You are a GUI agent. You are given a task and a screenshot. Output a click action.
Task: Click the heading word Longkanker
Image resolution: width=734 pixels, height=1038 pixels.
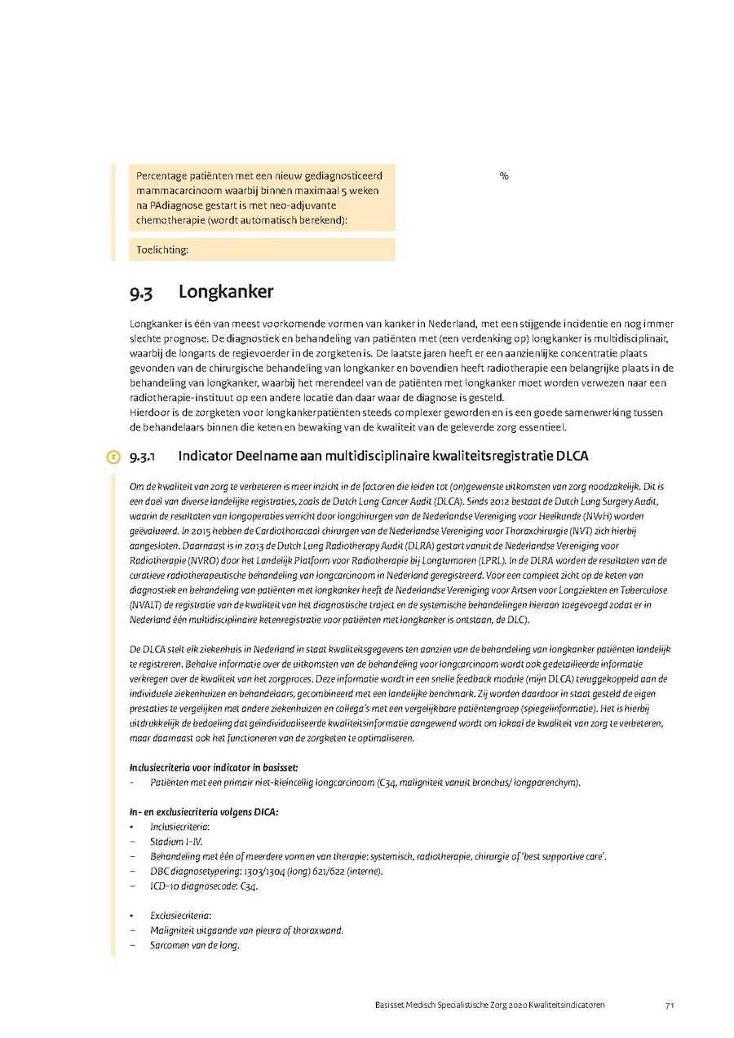pos(226,292)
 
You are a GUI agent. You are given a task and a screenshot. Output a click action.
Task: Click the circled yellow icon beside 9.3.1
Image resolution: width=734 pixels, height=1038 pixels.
pos(114,457)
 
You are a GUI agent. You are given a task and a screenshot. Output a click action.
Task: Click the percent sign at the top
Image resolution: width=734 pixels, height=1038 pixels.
pos(504,176)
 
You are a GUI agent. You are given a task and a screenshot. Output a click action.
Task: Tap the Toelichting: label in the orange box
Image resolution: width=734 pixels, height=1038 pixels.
pos(162,250)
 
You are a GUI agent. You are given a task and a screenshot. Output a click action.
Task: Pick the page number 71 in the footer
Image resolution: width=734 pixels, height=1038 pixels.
pos(669,1005)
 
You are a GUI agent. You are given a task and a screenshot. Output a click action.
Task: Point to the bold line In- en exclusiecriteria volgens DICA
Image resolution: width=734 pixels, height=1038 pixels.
pos(204,812)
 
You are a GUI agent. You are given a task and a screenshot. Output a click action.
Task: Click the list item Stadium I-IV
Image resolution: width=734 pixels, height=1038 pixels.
pos(176,841)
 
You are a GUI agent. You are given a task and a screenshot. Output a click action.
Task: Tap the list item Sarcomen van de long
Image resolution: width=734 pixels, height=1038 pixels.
pos(194,946)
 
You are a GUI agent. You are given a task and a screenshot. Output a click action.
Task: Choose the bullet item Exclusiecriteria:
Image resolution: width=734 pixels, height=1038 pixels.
pos(180,916)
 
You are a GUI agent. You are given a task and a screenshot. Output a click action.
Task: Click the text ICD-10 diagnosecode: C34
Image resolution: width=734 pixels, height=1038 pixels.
pos(204,886)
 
